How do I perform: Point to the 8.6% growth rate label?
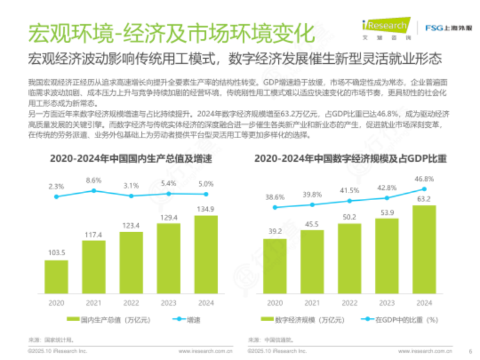[93, 180]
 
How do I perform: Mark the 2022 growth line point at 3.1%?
[131, 196]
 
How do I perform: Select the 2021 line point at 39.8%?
[313, 205]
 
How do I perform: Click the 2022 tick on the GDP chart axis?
[131, 302]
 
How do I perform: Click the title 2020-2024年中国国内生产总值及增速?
[131, 157]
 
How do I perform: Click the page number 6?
[470, 351]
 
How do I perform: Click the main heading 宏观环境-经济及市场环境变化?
[169, 32]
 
